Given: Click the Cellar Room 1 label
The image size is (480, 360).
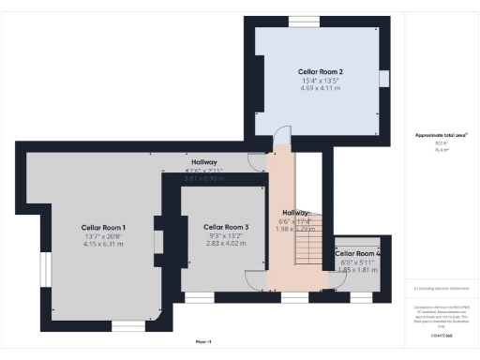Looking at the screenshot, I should pos(103,228).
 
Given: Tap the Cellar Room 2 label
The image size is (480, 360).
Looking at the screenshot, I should pos(320,71).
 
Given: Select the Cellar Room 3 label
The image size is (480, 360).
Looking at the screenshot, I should pos(226,228).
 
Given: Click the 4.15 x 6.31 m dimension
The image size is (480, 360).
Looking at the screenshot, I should pos(103,245).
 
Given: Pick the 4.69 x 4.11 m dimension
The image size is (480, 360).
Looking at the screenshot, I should pos(320,89).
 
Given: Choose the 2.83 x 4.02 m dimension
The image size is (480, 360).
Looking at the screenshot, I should pos(226,244).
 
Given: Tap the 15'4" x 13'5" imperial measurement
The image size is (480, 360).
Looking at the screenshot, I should pos(320,81).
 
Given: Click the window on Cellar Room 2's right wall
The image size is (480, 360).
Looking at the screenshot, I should pos(382,79).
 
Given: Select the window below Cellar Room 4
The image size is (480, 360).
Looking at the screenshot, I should pos(361,297).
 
